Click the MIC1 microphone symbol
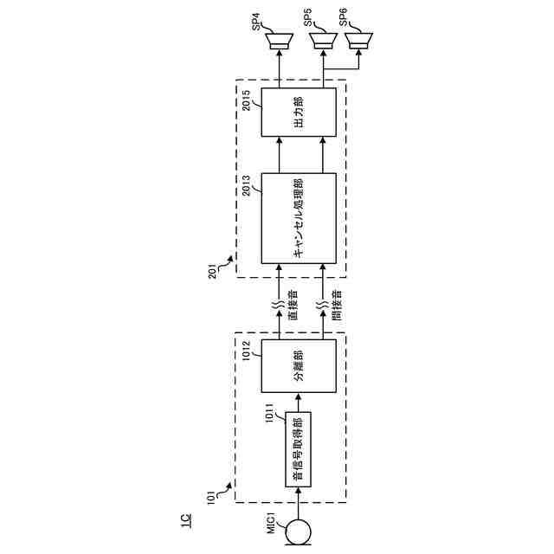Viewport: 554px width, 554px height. (x=300, y=529)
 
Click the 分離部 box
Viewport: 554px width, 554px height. (x=300, y=365)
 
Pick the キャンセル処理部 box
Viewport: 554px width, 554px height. (x=300, y=218)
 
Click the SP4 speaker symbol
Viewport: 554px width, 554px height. (x=278, y=38)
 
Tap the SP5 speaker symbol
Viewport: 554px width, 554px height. (x=324, y=38)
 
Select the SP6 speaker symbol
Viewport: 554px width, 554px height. (x=358, y=38)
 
